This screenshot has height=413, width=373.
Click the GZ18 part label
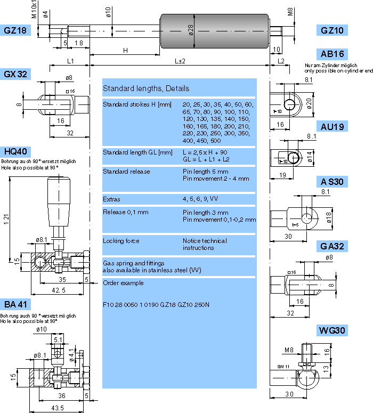point(15,30)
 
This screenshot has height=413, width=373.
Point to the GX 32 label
point(15,74)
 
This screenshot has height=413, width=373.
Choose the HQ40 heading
point(15,151)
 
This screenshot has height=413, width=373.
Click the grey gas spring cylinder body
point(213,31)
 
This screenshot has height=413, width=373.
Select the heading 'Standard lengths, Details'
point(145,88)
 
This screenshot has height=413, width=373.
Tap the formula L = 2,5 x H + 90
point(205,152)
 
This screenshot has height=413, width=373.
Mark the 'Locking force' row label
point(121,241)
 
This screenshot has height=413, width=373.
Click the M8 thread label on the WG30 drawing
point(289,350)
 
